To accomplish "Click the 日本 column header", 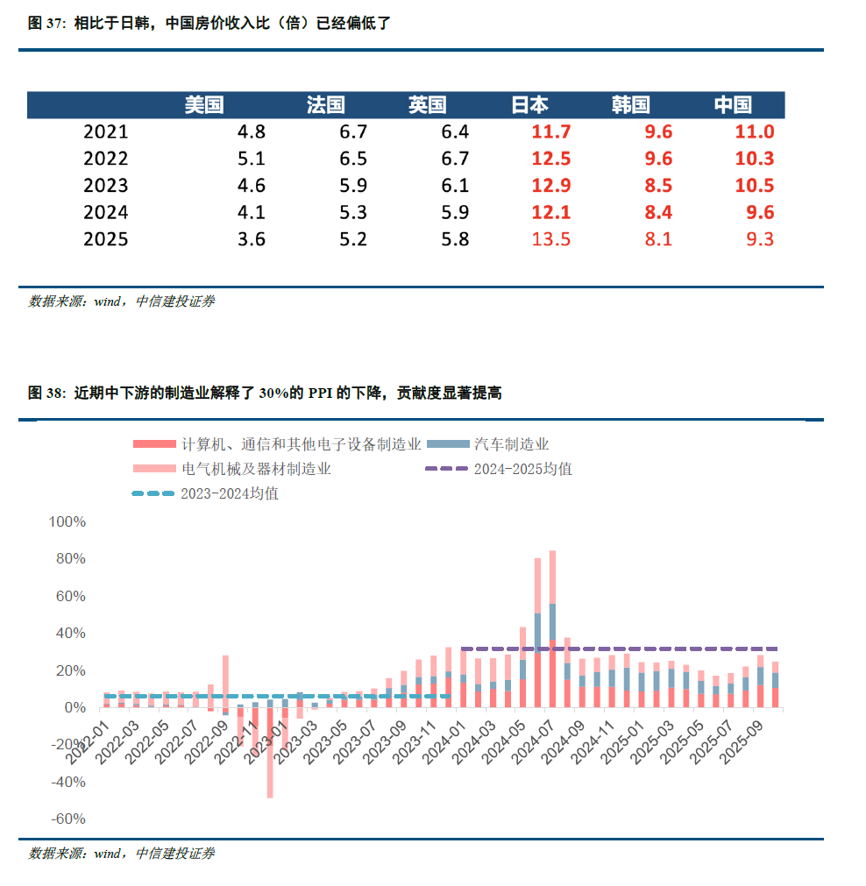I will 530,105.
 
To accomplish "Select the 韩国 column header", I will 631,105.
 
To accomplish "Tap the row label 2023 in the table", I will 105,186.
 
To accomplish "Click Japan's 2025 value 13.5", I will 551,239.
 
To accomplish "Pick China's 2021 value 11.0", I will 755,132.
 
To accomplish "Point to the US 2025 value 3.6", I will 251,239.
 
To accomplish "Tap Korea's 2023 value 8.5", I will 657,186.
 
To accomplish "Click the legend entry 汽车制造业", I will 512,444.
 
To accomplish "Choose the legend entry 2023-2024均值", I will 230,493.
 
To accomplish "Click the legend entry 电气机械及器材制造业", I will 256,469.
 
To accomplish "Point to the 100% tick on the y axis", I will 67,521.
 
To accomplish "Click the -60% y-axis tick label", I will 67,819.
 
